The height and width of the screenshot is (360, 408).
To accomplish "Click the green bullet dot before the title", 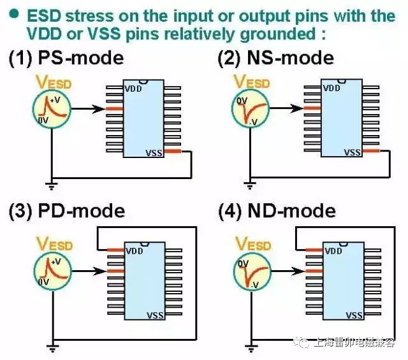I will click(x=13, y=13).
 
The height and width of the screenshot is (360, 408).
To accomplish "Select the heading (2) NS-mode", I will click(x=275, y=58).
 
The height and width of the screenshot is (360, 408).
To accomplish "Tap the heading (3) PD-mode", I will click(x=66, y=210).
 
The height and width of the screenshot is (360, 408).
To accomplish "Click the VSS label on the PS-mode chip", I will click(x=154, y=152).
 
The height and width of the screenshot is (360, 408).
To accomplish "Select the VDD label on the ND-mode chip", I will click(x=333, y=251).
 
